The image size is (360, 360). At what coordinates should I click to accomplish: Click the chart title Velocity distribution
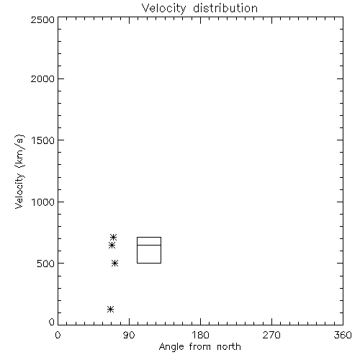[x=199, y=9]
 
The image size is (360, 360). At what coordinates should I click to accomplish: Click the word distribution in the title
[x=225, y=8]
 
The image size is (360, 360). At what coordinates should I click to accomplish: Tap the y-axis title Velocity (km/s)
[x=19, y=171]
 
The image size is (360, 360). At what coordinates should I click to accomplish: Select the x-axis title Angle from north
[x=199, y=347]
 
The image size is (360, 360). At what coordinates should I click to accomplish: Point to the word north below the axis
[x=229, y=347]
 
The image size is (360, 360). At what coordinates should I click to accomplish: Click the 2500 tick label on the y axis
[x=42, y=19]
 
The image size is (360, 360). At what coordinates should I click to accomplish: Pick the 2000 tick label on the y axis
[x=42, y=78]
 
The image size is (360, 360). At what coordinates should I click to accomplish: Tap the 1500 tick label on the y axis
[x=43, y=140]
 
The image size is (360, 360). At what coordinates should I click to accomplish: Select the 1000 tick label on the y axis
[x=43, y=202]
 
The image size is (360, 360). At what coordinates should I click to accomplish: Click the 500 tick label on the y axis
[x=46, y=264]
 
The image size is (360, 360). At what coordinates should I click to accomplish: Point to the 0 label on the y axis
[x=52, y=322]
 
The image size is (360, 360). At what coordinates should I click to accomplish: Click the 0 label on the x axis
[x=58, y=335]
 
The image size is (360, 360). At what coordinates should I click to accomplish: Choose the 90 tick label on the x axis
[x=129, y=335]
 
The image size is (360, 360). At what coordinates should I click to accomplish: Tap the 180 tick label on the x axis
[x=200, y=335]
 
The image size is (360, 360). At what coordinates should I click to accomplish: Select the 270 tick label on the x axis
[x=271, y=335]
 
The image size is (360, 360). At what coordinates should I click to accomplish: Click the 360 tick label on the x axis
[x=343, y=335]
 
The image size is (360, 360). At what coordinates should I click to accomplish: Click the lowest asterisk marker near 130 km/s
[x=110, y=309]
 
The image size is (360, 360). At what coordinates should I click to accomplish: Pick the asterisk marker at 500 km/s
[x=115, y=264]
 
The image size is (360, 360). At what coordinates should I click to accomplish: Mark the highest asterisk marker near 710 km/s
[x=113, y=238]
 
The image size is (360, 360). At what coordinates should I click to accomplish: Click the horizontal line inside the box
[x=149, y=245]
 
